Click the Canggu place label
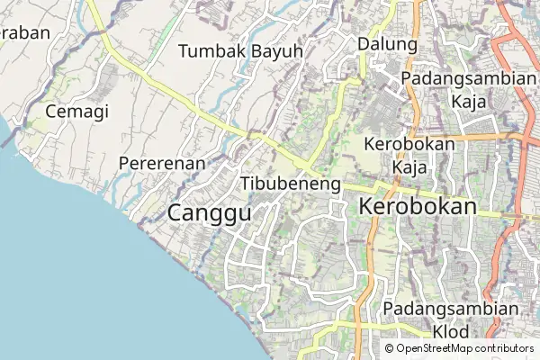click(x=209, y=213)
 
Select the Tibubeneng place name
click(x=291, y=184)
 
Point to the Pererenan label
click(x=162, y=163)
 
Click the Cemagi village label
click(x=76, y=112)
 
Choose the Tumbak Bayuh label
click(x=240, y=50)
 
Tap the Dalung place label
click(x=387, y=44)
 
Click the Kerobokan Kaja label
click(x=409, y=155)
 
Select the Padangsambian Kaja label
click(x=469, y=89)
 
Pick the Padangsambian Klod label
click(x=451, y=320)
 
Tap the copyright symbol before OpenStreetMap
click(x=390, y=348)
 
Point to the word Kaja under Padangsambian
click(x=469, y=101)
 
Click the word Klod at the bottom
click(x=451, y=332)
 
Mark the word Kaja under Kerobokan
click(x=409, y=166)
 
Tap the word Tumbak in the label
click(x=211, y=50)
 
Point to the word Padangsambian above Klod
click(x=451, y=309)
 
